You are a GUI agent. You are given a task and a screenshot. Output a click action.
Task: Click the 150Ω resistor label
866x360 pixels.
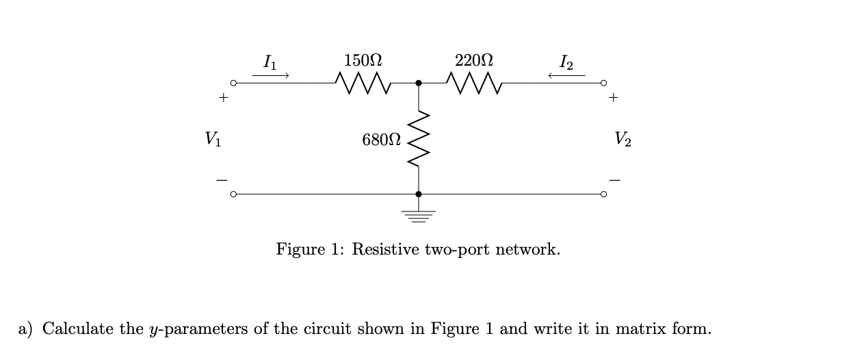pyautogui.click(x=363, y=60)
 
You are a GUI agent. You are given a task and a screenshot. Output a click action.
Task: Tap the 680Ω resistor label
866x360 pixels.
pyautogui.click(x=382, y=140)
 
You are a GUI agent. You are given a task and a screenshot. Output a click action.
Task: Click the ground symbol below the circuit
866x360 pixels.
pyautogui.click(x=418, y=216)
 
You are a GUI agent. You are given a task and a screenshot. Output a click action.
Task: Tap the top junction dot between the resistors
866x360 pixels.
pyautogui.click(x=418, y=83)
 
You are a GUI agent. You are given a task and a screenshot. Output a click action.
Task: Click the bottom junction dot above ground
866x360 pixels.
pyautogui.click(x=418, y=194)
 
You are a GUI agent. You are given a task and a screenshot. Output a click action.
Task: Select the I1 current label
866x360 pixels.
pyautogui.click(x=270, y=62)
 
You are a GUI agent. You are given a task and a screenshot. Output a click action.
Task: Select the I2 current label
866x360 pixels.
pyautogui.click(x=566, y=62)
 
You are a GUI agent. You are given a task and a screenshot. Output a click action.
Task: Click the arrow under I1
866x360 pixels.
pyautogui.click(x=270, y=75)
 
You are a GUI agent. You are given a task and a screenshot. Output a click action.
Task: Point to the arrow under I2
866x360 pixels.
pyautogui.click(x=566, y=75)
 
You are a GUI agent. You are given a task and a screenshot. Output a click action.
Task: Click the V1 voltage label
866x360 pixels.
pyautogui.click(x=213, y=139)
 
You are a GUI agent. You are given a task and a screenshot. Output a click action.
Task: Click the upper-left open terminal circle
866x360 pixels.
pyautogui.click(x=233, y=83)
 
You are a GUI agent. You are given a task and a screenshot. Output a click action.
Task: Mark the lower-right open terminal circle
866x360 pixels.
pyautogui.click(x=603, y=194)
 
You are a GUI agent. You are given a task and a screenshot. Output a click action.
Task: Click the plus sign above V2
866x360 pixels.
pyautogui.click(x=614, y=98)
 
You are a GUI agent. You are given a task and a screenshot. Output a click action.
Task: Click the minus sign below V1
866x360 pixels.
pyautogui.click(x=221, y=181)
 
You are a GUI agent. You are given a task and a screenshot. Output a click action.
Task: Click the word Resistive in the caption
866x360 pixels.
pyautogui.click(x=385, y=248)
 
